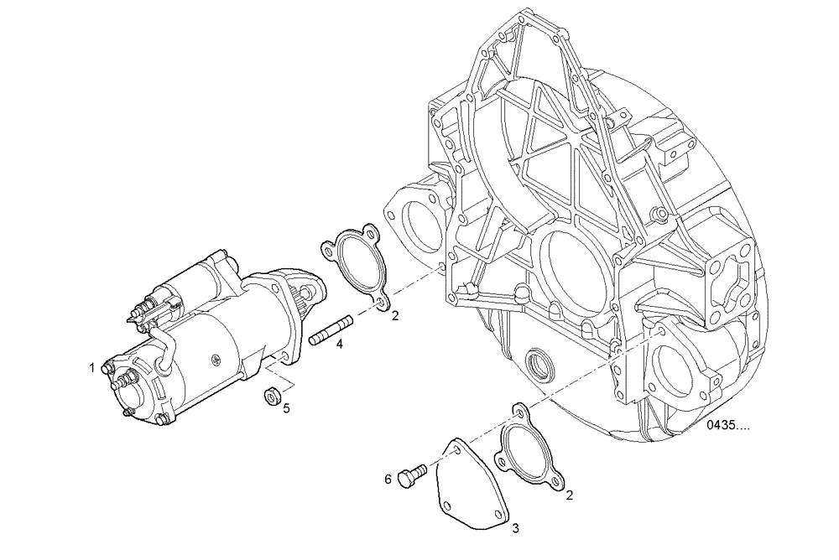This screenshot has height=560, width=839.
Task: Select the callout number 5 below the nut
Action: [x=286, y=408]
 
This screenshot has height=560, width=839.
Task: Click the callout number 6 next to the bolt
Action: [x=388, y=479]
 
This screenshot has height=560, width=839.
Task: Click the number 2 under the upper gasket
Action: [x=394, y=315]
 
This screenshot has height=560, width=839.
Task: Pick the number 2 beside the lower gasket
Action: [x=570, y=495]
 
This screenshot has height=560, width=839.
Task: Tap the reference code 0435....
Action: [x=727, y=425]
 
